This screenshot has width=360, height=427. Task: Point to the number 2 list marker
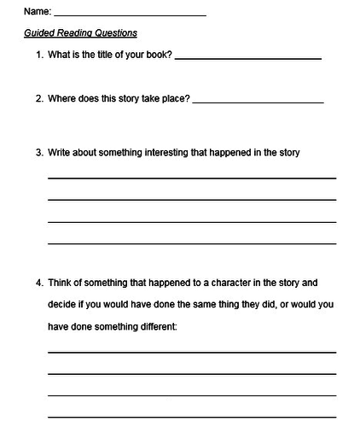tap(38, 99)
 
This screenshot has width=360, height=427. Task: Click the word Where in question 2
tap(62, 99)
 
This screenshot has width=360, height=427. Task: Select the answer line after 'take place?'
tap(258, 102)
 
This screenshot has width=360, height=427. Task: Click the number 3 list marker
tap(38, 154)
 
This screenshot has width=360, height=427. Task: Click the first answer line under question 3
tap(191, 178)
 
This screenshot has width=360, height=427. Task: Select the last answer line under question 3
tap(191, 243)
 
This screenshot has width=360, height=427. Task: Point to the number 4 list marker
tap(38, 282)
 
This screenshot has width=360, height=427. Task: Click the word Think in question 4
tap(61, 282)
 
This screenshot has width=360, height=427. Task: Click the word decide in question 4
tap(62, 304)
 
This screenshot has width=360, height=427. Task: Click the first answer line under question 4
tap(191, 351)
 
